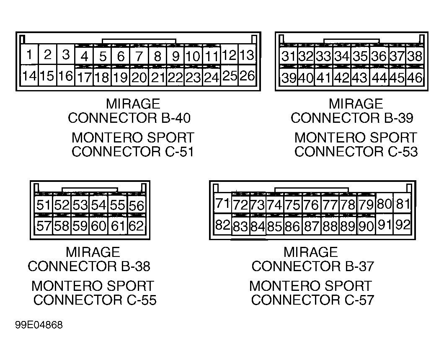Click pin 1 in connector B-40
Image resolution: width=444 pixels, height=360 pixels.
[x=29, y=55]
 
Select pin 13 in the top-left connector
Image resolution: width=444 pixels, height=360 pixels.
[x=247, y=55]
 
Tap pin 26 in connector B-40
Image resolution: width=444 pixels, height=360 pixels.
[x=247, y=76]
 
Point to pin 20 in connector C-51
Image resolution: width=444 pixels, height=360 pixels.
[x=139, y=77]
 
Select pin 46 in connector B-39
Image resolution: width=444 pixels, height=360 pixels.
[x=415, y=78]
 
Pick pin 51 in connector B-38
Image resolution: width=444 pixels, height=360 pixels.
[x=43, y=205]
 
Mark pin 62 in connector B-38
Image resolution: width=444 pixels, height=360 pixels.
[x=136, y=226]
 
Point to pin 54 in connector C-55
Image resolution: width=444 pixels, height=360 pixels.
[x=99, y=205]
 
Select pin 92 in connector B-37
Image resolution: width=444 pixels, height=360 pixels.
[x=403, y=225]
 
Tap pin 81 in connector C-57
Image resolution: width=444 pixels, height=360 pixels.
[x=403, y=204]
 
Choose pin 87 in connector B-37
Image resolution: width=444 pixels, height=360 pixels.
[x=312, y=227]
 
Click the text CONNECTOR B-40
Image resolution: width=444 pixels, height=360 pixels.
[x=129, y=118]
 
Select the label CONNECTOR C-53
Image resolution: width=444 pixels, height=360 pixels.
[x=356, y=152]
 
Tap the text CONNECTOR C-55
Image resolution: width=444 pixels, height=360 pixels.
[x=95, y=300]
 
